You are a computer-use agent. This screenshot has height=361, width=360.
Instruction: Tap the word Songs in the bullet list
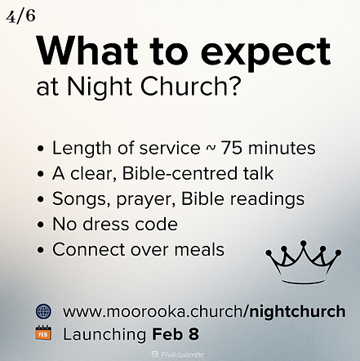[x=78, y=199]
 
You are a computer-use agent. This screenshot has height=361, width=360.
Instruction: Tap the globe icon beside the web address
[x=43, y=310]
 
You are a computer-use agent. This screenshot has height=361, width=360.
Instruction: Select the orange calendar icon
[x=43, y=333]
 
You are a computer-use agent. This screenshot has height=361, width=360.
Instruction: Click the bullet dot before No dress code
[x=42, y=225]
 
